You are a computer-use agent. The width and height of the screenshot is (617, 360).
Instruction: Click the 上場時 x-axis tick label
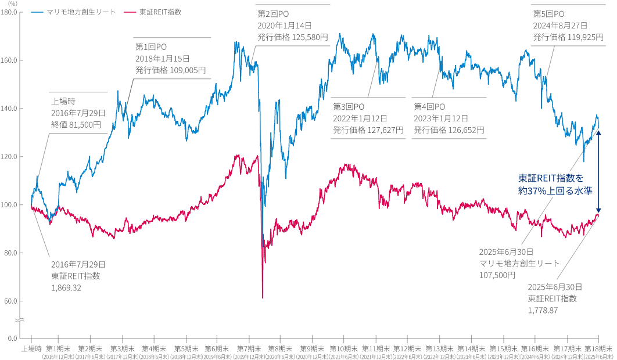tap(31, 348)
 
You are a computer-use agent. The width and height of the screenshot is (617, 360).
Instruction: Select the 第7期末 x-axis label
tap(248, 348)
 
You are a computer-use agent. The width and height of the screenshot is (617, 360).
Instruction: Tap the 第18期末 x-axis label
tap(598, 348)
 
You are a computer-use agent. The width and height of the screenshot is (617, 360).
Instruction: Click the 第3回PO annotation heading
tap(349, 107)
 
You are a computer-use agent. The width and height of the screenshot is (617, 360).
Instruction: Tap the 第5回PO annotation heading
tap(548, 13)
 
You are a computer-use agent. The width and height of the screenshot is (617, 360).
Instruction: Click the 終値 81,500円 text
tap(76, 124)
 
